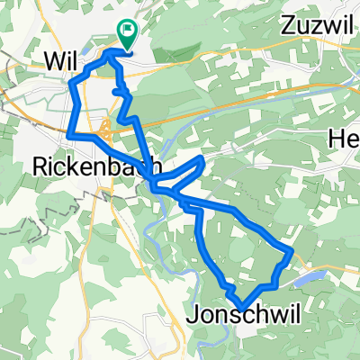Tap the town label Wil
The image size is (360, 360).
coord(58,60)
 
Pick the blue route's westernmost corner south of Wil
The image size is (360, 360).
coord(67,134)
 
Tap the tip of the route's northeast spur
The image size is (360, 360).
coord(204,157)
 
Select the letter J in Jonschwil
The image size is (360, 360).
coord(193,316)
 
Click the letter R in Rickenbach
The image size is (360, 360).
coord(37,166)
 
